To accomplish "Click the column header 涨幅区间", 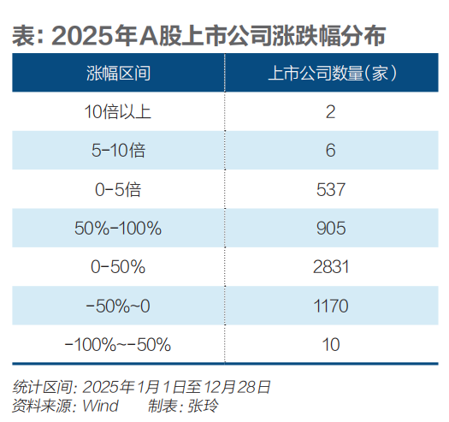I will [118, 73].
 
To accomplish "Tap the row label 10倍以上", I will [118, 111].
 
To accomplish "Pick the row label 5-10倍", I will [118, 151].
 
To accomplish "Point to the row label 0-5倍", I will [118, 189].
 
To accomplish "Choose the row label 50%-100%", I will [118, 229].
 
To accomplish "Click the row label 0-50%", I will [118, 267].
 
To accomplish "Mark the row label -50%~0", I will [118, 306].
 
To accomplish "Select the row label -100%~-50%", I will [118, 345].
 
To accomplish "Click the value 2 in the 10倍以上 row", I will [330, 111].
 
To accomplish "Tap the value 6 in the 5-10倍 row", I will [330, 151].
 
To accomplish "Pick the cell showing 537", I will [330, 189].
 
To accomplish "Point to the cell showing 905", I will [330, 229].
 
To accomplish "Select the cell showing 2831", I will [330, 267].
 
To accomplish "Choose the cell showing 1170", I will [330, 306].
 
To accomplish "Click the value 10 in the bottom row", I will [330, 345].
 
